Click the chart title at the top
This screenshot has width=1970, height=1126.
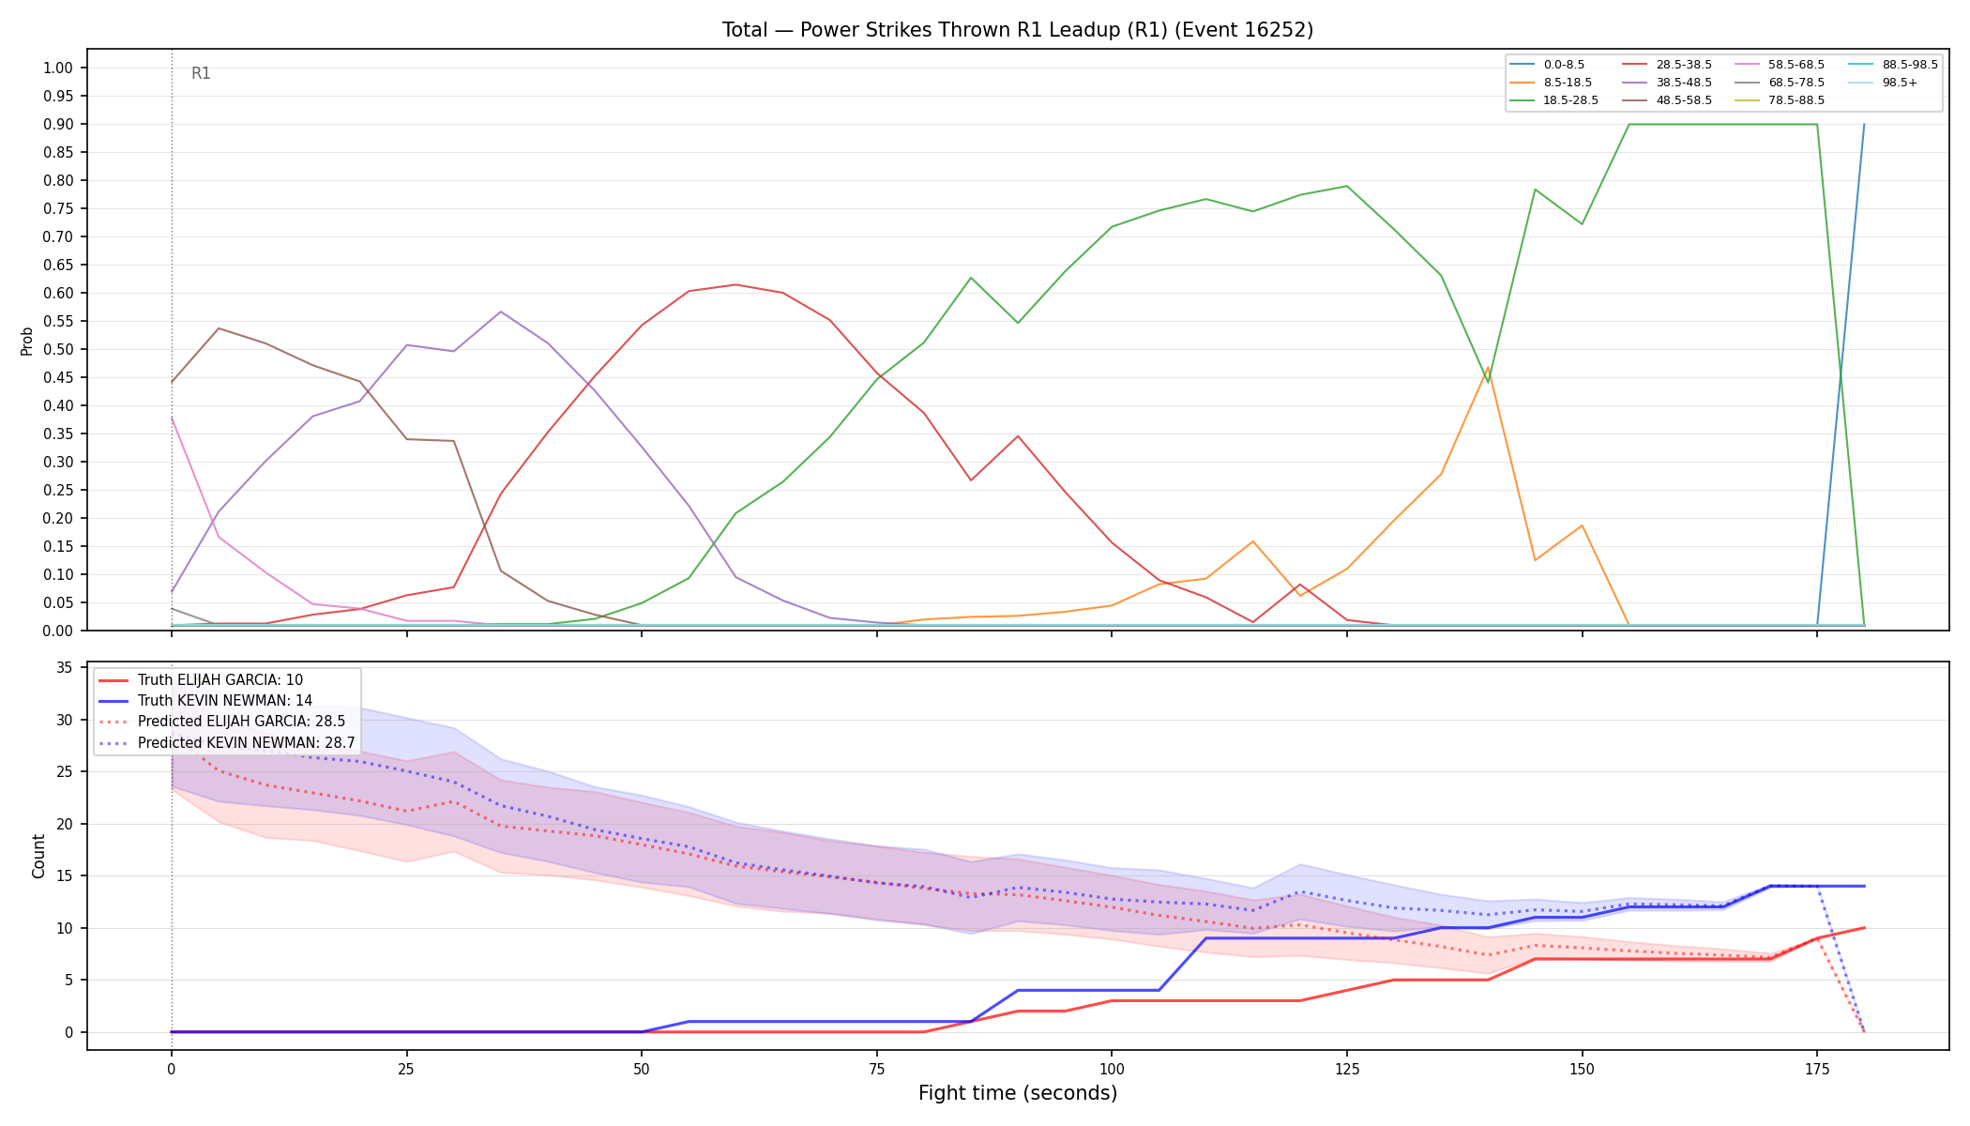[x=1018, y=30]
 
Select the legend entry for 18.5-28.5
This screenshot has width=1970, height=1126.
[x=1554, y=100]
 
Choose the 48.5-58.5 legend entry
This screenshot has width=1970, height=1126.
[x=1667, y=100]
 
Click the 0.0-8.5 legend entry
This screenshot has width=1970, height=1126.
[x=1548, y=65]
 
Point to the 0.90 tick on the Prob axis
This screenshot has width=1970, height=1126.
[x=58, y=124]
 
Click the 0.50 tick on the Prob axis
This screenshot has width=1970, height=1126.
[x=58, y=349]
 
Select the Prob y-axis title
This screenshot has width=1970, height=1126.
[x=26, y=341]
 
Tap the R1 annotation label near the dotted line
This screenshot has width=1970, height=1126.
[x=201, y=73]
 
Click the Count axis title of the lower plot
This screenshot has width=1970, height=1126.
[x=38, y=856]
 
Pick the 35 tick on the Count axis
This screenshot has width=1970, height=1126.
[x=65, y=668]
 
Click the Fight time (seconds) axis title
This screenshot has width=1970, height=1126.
[x=1018, y=1093]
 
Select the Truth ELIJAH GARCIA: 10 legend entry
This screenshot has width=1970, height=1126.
[x=220, y=680]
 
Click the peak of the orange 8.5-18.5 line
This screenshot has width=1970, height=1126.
[x=1488, y=368]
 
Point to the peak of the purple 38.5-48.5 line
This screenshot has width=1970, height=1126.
[x=501, y=312]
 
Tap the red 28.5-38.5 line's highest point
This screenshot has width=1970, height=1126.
[x=735, y=284]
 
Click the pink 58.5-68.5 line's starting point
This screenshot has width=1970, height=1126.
[x=172, y=418]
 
